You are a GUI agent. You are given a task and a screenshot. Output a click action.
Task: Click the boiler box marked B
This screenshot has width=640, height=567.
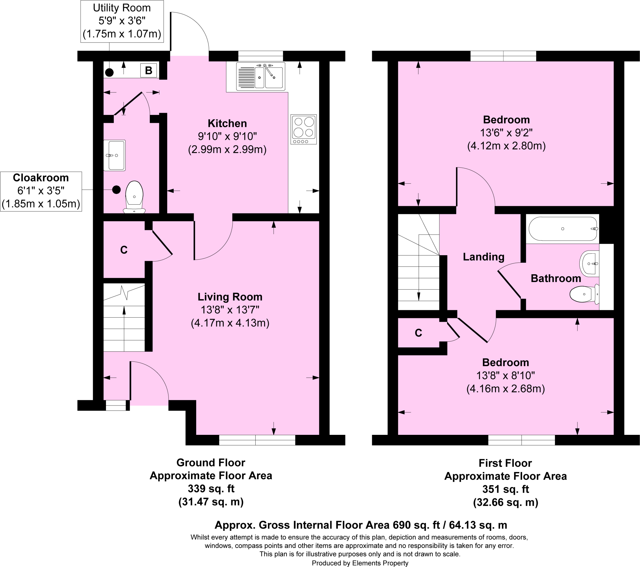[x=149, y=70]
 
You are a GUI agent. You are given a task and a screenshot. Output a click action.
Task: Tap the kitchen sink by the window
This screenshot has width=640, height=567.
[x=261, y=76]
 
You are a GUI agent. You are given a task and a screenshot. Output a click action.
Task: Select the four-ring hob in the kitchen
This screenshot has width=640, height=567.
[x=303, y=129]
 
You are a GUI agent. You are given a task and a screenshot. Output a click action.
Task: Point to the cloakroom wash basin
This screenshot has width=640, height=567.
[x=115, y=155]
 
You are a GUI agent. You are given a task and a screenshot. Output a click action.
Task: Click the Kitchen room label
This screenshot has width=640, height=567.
[x=227, y=123]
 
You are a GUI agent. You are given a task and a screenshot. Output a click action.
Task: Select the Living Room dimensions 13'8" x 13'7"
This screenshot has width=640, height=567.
[x=230, y=310]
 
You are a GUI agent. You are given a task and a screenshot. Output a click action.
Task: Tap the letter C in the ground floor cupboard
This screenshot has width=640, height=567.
[x=124, y=250]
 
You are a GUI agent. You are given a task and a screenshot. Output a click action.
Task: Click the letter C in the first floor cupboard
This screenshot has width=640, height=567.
[x=418, y=333]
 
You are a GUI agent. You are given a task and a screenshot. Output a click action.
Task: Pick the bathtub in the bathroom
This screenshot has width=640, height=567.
[x=563, y=229]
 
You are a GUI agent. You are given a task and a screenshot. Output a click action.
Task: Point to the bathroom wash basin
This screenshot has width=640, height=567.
[x=590, y=264]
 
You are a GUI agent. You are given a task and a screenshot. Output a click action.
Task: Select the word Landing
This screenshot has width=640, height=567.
[x=483, y=257]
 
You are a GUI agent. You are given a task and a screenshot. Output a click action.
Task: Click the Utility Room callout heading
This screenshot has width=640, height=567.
[x=122, y=8]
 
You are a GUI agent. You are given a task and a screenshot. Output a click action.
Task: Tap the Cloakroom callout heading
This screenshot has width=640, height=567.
[x=41, y=177]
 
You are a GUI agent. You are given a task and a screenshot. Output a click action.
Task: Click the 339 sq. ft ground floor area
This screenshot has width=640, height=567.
[x=211, y=488]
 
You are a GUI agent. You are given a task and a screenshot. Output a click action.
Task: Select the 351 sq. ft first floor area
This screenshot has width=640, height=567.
[x=505, y=489]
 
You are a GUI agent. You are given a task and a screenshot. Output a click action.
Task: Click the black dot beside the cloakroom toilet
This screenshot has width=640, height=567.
[x=117, y=190]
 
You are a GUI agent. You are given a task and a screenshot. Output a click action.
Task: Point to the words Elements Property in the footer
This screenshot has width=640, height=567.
[x=380, y=563]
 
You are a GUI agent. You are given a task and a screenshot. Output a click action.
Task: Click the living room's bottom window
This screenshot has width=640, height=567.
[x=257, y=440]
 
